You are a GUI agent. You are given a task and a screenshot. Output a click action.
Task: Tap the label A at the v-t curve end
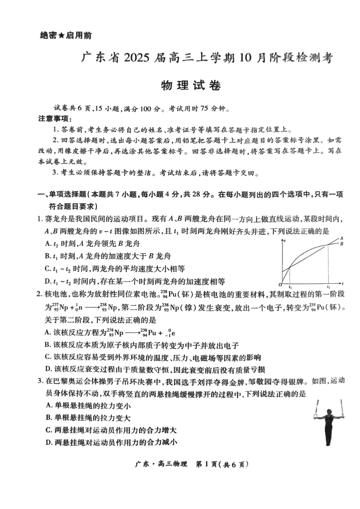pos(341,238)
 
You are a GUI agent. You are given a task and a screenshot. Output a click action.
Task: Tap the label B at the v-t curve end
pos(342,244)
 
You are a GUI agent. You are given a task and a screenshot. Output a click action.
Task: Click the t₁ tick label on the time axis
pos(290,287)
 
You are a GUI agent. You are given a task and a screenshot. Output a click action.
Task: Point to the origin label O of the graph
pos(280,285)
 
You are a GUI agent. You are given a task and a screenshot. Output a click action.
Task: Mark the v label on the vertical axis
pos(284,240)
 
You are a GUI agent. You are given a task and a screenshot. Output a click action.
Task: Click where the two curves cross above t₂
pos(328,245)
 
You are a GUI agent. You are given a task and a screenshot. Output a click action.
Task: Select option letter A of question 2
pos(48,332)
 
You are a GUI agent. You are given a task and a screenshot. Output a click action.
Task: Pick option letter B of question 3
pos(48,418)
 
